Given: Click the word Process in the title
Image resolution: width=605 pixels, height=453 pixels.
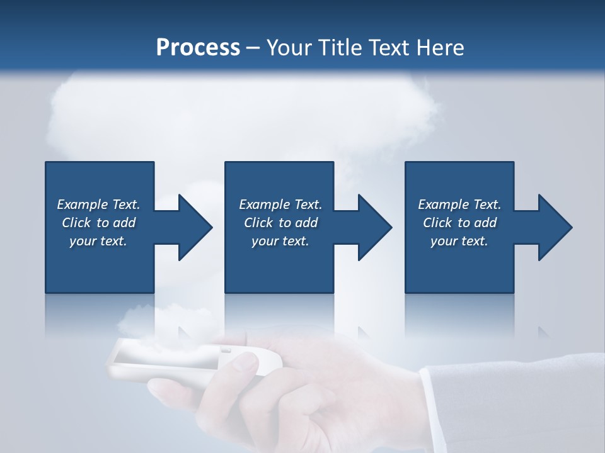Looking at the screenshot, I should point(198,48).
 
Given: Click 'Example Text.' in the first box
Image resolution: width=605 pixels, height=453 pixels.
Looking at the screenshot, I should point(98,204).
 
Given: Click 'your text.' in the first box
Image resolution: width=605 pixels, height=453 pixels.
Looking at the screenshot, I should point(98,241).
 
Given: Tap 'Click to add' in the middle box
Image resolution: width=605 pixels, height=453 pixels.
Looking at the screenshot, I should point(280,223).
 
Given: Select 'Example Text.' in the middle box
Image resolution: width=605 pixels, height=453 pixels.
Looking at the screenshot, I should point(280,204).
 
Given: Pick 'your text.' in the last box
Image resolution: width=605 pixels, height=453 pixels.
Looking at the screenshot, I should point(459,241).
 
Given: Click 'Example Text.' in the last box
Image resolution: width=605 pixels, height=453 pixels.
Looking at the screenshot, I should point(459,204).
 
